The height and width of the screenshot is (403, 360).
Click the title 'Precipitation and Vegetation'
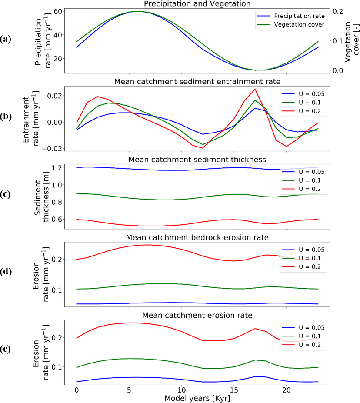198,4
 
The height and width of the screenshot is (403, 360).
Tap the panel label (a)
7,40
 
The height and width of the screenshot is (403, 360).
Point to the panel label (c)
7,194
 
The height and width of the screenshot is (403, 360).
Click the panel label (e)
7,349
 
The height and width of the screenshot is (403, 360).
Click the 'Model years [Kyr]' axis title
198,398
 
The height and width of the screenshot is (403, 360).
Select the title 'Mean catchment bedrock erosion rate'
198,237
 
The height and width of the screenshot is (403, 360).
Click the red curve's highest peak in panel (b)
255,89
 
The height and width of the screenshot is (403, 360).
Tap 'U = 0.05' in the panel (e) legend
307,327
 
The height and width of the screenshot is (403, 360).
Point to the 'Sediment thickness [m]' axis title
42,194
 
